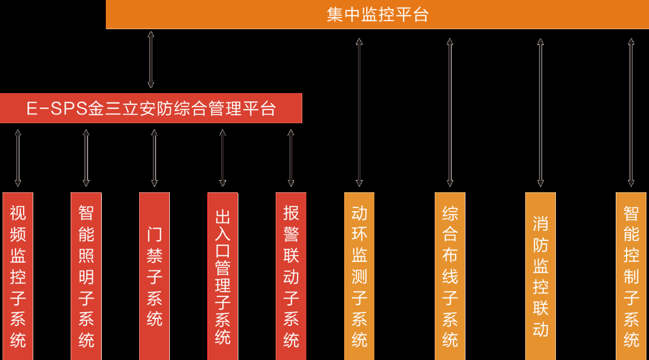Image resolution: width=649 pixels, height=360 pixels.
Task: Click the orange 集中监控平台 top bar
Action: tap(377, 14)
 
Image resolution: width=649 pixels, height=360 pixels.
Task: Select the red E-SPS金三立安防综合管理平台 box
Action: tap(151, 108)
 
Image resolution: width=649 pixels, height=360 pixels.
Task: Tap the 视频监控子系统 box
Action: tap(18, 276)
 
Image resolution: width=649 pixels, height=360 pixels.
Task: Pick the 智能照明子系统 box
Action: tap(86, 276)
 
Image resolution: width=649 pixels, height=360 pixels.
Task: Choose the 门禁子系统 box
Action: tap(154, 276)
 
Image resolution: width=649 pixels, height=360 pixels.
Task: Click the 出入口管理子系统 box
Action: tap(222, 276)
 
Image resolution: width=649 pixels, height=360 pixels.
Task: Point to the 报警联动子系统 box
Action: tap(291, 276)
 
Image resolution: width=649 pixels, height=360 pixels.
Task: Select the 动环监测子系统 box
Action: tap(359, 276)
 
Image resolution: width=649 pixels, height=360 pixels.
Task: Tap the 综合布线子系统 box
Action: tap(450, 276)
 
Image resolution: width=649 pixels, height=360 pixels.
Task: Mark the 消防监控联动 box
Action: tap(541, 276)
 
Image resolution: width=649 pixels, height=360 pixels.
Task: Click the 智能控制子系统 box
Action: tap(631, 276)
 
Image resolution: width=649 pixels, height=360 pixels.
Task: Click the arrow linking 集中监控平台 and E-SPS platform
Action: tap(151, 60)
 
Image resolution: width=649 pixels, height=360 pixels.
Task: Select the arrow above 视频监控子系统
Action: tap(18, 157)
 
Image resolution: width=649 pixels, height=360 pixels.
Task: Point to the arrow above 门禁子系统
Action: tap(154, 157)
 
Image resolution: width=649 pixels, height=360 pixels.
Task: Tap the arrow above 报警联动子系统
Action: tap(291, 157)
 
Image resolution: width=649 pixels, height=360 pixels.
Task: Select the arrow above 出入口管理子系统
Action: tap(222, 157)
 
